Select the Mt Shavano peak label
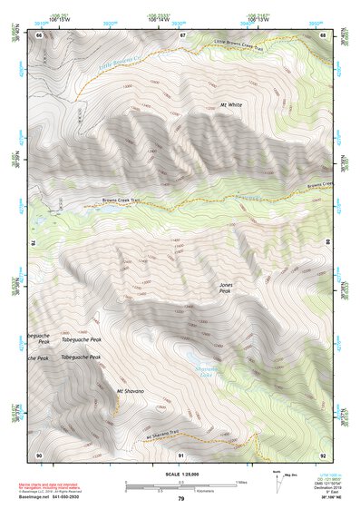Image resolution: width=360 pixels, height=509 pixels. [x=131, y=391]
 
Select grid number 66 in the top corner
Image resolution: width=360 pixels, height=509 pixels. [x=40, y=35]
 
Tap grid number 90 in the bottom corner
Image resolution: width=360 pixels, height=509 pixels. [x=40, y=455]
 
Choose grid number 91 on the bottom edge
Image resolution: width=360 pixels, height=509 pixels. [x=181, y=455]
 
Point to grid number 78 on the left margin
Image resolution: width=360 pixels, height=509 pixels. [x=34, y=243]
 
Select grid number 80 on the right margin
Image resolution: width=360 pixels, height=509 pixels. [x=327, y=243]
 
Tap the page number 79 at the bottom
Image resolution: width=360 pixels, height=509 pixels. [x=180, y=499]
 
